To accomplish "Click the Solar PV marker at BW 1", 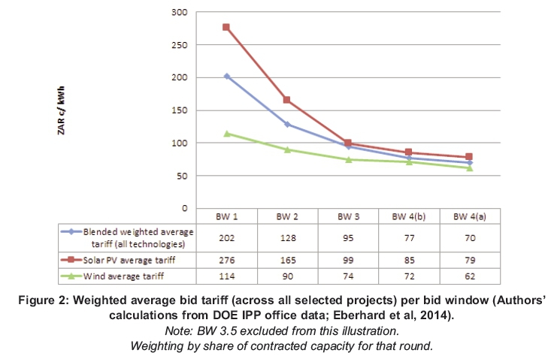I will pyautogui.click(x=226, y=27).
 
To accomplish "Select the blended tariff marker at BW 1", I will pyautogui.click(x=226, y=76).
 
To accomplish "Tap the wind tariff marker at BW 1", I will pyautogui.click(x=226, y=134).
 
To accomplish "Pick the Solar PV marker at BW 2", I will pyautogui.click(x=286, y=100).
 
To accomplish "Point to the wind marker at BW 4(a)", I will pyautogui.click(x=469, y=167).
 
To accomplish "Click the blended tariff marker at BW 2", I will pyautogui.click(x=286, y=124).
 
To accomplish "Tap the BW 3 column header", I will pyautogui.click(x=347, y=216).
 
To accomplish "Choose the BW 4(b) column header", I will pyautogui.click(x=408, y=216).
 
